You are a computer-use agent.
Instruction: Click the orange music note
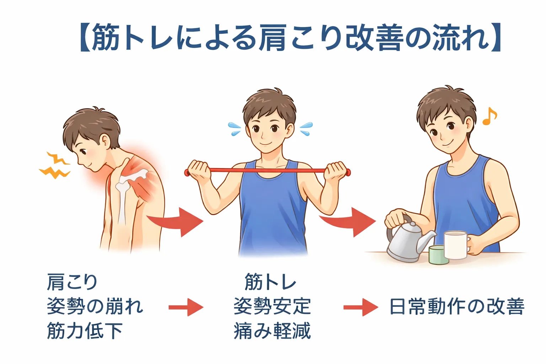tap(489, 116)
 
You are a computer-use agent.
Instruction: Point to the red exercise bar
tap(267, 171)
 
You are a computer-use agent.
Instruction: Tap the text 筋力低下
tap(85, 331)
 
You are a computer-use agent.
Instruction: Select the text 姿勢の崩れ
tap(95, 306)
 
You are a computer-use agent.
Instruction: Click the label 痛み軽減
tap(272, 331)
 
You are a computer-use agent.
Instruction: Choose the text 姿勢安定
tap(272, 306)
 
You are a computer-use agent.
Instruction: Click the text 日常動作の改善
tap(457, 306)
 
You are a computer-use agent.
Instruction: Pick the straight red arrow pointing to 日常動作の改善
tap(361, 307)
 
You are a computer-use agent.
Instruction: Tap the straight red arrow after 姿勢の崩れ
tap(186, 307)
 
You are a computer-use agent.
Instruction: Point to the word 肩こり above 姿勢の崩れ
tap(72, 282)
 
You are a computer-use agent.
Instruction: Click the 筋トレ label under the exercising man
tap(270, 282)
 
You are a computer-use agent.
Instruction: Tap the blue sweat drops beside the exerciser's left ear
tap(306, 128)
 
